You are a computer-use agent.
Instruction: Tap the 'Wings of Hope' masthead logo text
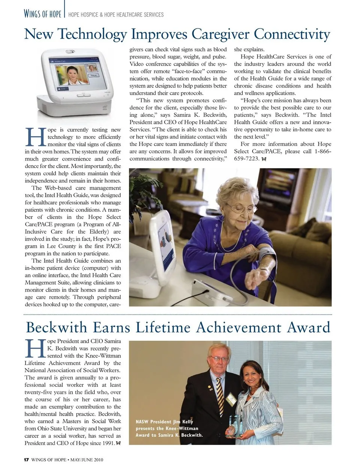(x=42, y=14)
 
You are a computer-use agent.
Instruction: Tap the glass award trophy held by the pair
(x=235, y=426)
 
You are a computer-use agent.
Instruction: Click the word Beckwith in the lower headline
(x=56, y=328)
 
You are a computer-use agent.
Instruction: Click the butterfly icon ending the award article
(x=118, y=443)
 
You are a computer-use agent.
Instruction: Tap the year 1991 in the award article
(x=108, y=443)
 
